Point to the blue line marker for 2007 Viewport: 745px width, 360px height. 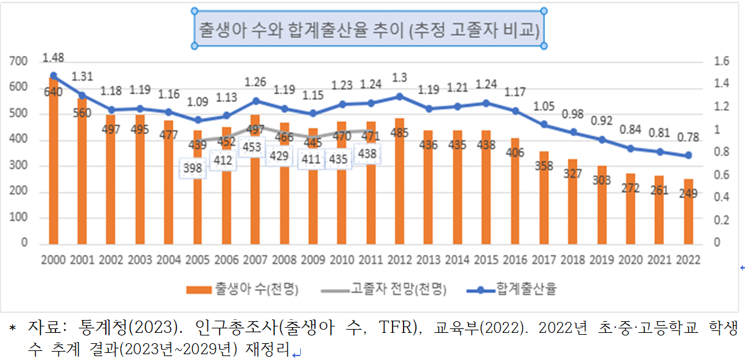tap(256, 101)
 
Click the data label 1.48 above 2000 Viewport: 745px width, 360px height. tap(53, 58)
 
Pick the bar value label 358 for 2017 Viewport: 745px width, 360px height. tap(544, 166)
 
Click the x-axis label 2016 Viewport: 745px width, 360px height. tap(515, 259)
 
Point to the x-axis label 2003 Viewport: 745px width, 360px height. tap(140, 259)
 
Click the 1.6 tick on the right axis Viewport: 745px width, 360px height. tap(721, 61)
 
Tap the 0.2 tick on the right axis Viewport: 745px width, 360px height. tap(721, 219)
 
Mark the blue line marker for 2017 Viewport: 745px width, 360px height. tap(544, 125)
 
